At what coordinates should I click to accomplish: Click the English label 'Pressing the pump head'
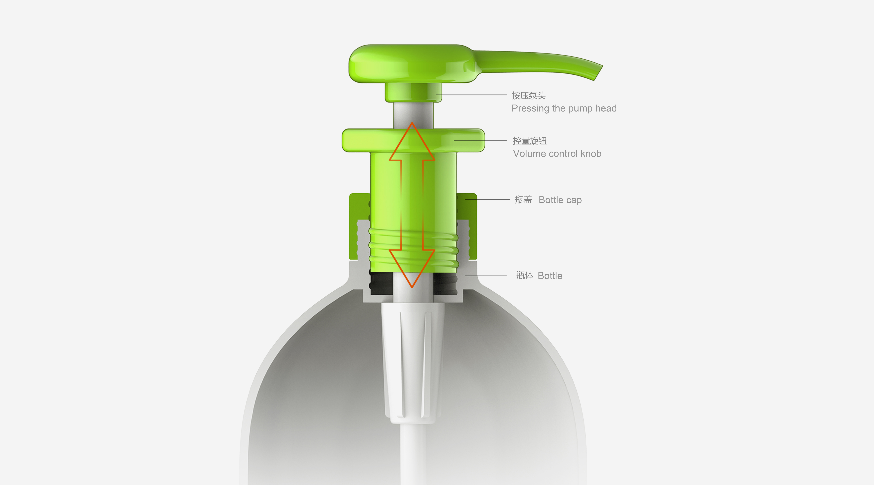[564, 109]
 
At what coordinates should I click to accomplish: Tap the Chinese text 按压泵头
[528, 96]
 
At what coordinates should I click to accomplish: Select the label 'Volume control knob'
[557, 154]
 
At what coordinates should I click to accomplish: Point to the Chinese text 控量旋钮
[530, 141]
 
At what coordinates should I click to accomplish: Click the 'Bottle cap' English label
[560, 200]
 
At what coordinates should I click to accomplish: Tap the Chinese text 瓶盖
[523, 200]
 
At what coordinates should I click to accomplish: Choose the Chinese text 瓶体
[524, 275]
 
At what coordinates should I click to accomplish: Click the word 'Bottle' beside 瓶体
[550, 276]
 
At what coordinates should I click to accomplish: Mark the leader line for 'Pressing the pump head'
[472, 95]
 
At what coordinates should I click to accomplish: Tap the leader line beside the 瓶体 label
[486, 276]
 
